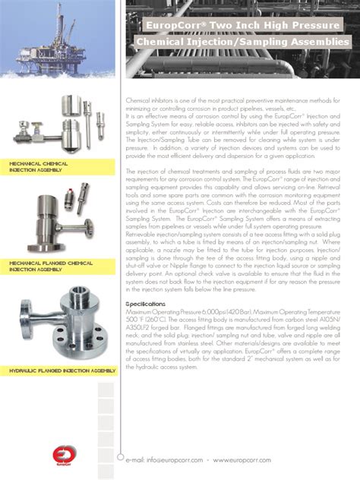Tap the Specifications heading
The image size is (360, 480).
pos(146,302)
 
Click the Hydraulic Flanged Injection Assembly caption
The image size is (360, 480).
pos(57,371)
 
